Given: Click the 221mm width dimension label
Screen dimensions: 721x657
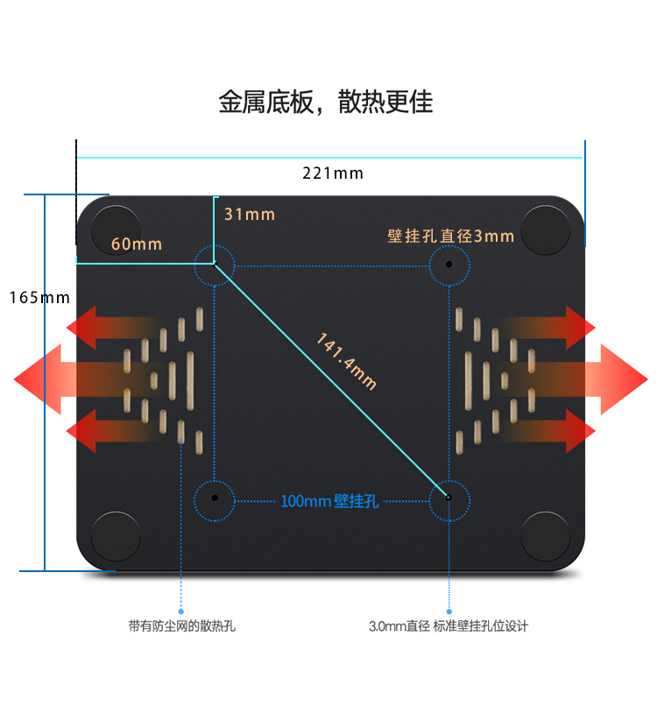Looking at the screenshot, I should (x=333, y=173).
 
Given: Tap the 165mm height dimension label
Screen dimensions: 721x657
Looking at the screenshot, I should (x=39, y=297).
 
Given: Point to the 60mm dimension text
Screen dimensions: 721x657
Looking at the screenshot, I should (x=137, y=244).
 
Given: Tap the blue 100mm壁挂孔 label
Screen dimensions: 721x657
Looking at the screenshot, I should (x=329, y=501).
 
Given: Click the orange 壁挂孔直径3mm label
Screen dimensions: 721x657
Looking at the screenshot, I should (x=451, y=236).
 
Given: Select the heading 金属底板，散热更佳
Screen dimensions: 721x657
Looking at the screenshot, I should (x=326, y=102).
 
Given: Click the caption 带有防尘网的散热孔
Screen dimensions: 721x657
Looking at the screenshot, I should (x=181, y=626).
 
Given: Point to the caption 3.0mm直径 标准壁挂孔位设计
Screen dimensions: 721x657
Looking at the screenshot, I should (x=449, y=626).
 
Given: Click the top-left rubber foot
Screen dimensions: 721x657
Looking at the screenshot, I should (x=116, y=230).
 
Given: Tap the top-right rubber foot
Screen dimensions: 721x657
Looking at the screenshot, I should (x=545, y=230).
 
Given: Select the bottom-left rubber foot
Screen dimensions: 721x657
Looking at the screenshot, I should (x=116, y=536).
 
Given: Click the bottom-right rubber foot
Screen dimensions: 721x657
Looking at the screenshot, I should (x=545, y=536).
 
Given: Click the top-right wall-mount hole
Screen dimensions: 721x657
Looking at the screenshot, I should (x=449, y=264).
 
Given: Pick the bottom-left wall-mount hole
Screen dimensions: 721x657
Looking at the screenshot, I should (x=214, y=498).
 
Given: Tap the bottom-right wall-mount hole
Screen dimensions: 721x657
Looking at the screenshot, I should (x=449, y=498).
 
